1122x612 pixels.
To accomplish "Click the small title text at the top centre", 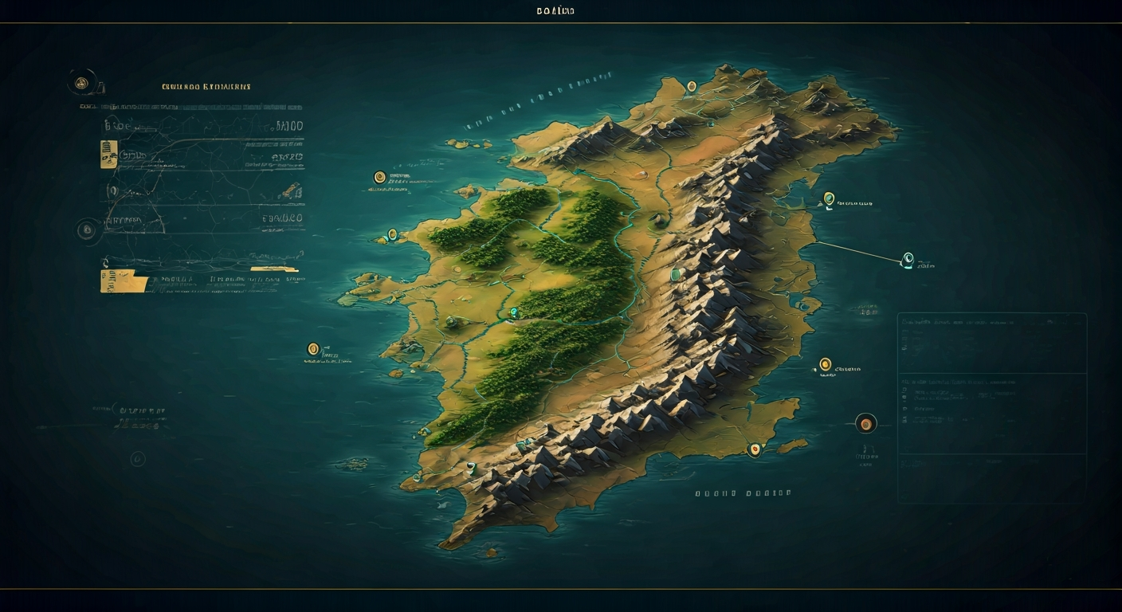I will [x=555, y=10].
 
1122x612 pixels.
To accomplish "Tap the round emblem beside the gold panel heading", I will [x=80, y=82].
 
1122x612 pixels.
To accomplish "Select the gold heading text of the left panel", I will [x=206, y=86].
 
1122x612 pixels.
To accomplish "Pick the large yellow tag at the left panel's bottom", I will [x=124, y=280].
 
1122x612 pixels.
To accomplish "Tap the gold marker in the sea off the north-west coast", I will [x=379, y=176].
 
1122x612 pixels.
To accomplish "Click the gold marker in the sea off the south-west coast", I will [x=313, y=348].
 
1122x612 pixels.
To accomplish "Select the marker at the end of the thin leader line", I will [x=907, y=258].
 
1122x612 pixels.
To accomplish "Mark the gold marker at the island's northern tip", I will [x=691, y=86].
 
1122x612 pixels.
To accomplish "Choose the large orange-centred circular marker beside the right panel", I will [x=865, y=423].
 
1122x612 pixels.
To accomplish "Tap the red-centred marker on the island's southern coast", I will [x=753, y=449].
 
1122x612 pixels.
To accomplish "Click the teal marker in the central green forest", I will [x=514, y=312].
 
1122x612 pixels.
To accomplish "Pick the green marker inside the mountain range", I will [x=676, y=275].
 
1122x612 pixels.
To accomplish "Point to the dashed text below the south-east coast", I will [x=743, y=493].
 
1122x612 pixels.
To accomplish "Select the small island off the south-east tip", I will [x=793, y=445].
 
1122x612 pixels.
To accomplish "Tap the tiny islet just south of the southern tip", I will [x=491, y=551].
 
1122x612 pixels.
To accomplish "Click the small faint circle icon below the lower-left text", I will [x=138, y=458].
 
